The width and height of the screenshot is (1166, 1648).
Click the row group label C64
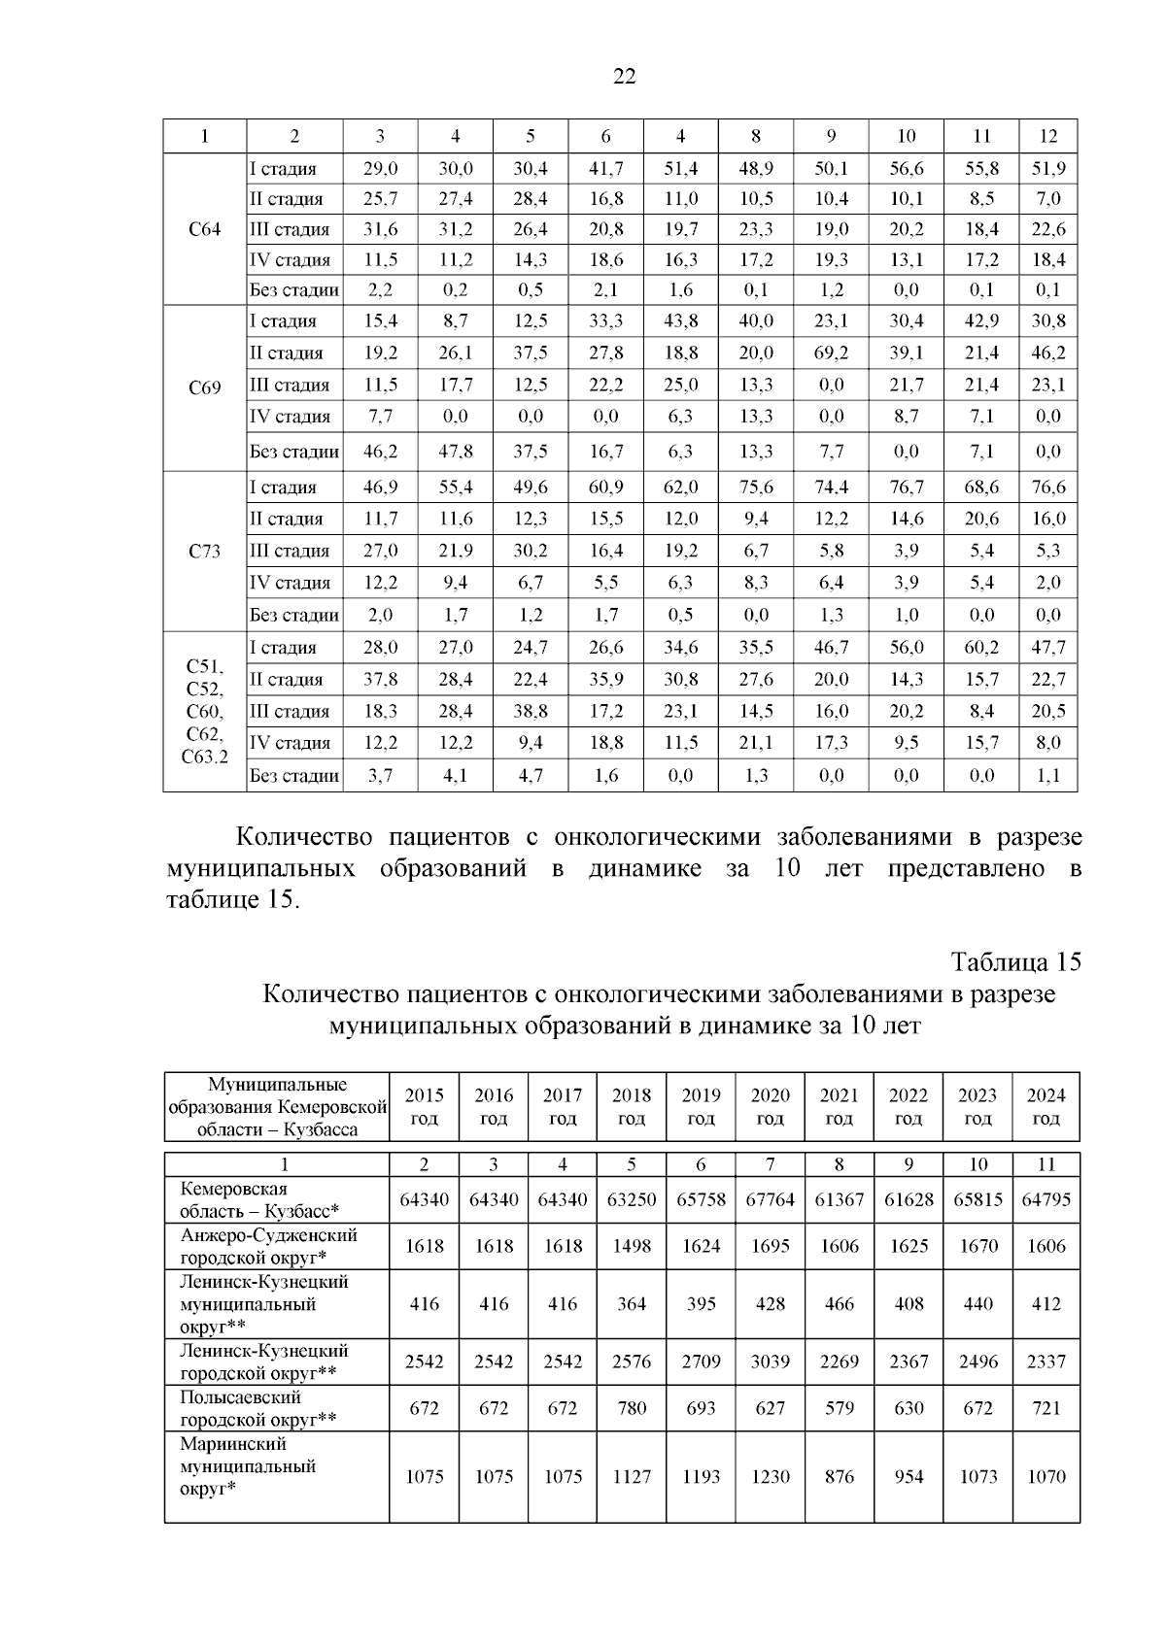[x=204, y=230]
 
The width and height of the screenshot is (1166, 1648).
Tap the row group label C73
[x=204, y=552]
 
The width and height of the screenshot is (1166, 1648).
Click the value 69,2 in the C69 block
[x=831, y=353]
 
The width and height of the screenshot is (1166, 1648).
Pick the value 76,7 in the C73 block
[x=906, y=488]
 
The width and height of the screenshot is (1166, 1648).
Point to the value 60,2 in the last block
[x=981, y=648]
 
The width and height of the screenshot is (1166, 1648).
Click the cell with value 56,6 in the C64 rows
[x=906, y=169]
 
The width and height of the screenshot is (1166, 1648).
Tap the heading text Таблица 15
[x=1015, y=962]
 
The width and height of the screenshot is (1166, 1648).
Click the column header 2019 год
[x=701, y=1106]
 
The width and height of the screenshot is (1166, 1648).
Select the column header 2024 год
[x=1046, y=1106]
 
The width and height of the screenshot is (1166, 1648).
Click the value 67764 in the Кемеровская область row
[x=770, y=1199]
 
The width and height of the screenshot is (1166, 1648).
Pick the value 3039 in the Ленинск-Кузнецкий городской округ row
[x=770, y=1362]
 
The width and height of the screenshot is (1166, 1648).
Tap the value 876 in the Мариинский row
[x=839, y=1476]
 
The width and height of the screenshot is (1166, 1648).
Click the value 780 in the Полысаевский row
[x=632, y=1407]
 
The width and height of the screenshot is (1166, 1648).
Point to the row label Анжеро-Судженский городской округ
[x=268, y=1246]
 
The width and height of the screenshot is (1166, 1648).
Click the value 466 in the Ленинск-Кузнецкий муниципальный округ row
[x=839, y=1304]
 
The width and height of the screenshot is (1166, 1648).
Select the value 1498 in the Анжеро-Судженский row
[x=632, y=1246]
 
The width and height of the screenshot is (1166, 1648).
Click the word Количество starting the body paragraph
[x=299, y=837]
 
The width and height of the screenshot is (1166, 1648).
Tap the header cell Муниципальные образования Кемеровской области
[x=277, y=1107]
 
